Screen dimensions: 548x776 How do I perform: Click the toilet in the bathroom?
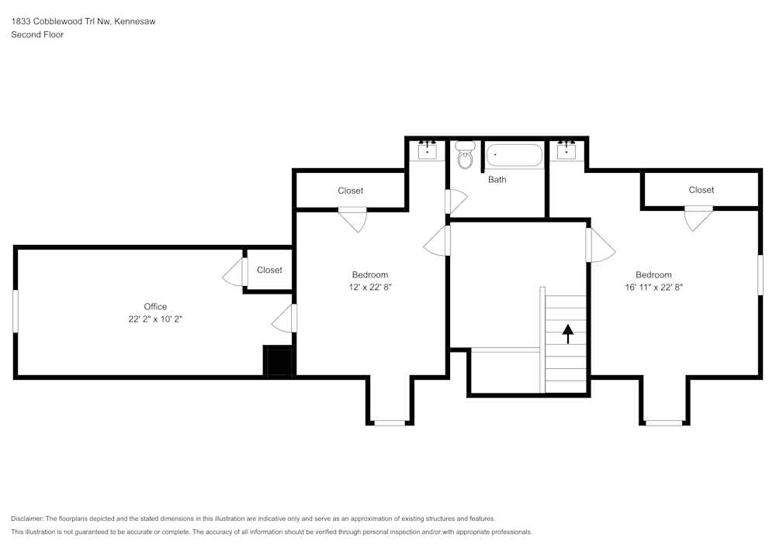465,156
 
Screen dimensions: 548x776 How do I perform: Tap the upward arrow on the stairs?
567,333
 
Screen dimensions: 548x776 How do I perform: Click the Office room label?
155,306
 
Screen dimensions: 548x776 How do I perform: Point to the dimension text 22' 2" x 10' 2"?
155,319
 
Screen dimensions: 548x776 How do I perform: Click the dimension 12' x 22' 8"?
370,287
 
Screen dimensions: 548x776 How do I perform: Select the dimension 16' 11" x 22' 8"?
653,287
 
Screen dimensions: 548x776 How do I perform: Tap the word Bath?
497,180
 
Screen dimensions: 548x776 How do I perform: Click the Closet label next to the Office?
269,270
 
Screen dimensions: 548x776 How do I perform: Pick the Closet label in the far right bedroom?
701,190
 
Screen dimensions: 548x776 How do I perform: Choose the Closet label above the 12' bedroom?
350,191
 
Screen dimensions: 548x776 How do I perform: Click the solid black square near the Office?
278,362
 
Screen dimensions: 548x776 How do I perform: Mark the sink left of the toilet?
428,150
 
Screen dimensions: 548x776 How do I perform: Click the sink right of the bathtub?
566,150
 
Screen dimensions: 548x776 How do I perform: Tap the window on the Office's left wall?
15,312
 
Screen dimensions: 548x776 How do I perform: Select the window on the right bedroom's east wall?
760,274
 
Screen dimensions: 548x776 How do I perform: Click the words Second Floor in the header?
37,35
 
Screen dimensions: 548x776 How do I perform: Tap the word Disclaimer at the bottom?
28,519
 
